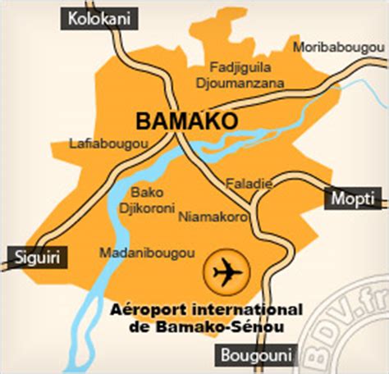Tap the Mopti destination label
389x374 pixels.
coord(355,198)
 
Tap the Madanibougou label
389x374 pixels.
coord(135,253)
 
